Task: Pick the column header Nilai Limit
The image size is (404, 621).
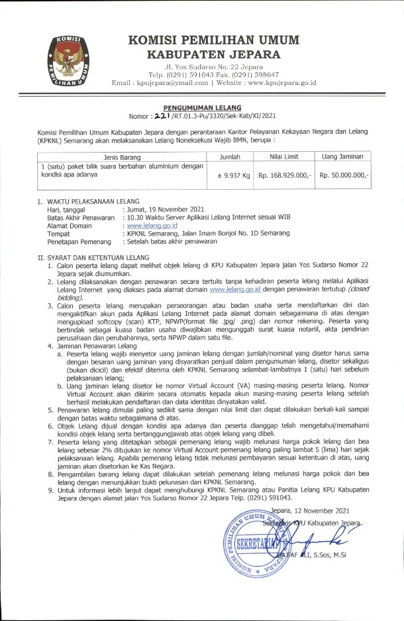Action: point(284,156)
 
